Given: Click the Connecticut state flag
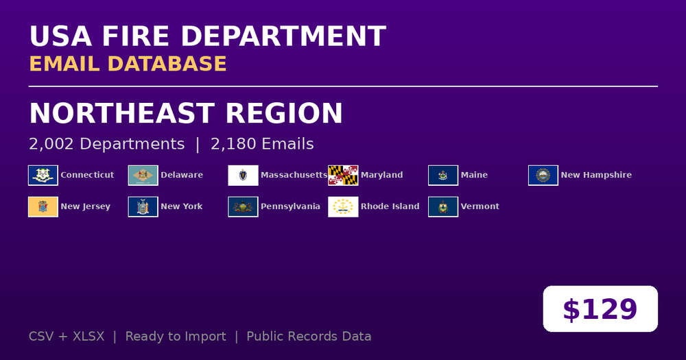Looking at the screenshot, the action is tap(43, 176).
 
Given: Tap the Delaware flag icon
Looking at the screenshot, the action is tap(143, 176).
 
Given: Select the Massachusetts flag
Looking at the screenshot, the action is tap(244, 176).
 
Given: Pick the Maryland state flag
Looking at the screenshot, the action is tap(343, 176).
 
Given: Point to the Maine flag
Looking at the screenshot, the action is tap(443, 176).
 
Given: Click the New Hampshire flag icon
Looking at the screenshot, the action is tap(543, 176).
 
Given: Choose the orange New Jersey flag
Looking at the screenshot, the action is tap(43, 207).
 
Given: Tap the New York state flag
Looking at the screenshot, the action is tap(143, 207).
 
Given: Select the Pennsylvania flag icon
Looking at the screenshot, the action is tap(244, 207).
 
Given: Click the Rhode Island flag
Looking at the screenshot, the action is tap(343, 207).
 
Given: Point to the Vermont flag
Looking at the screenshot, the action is tap(443, 207).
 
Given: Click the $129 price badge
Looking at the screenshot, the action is tap(600, 309).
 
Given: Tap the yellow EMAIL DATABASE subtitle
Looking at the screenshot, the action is tap(128, 64).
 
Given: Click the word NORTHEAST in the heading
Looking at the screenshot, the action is tap(122, 113).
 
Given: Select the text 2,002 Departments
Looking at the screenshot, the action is tap(107, 144).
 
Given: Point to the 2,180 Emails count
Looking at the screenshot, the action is tap(262, 144).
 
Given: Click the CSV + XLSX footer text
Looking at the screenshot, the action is tap(67, 337).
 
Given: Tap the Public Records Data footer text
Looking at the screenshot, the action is tap(309, 337).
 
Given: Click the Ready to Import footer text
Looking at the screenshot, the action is tap(176, 337).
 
